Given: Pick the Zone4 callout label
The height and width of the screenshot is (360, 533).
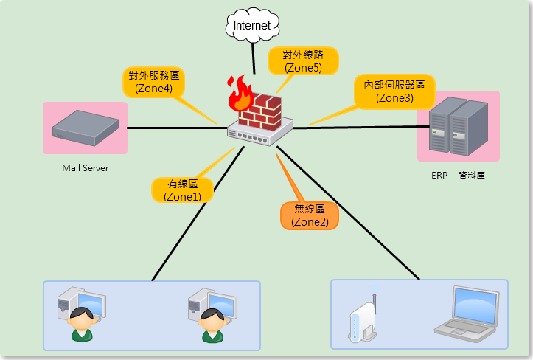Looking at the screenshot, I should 153,81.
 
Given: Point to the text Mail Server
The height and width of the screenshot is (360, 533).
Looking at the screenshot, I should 86,168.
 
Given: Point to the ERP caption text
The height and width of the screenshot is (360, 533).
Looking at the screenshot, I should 458,176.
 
